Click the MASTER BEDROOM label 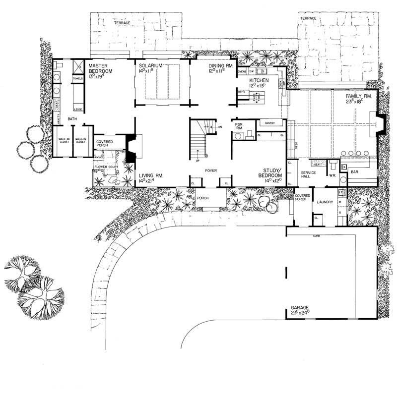point(101,69)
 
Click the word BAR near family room point(354,172)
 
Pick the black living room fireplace point(131,148)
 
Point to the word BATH point(72,119)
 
